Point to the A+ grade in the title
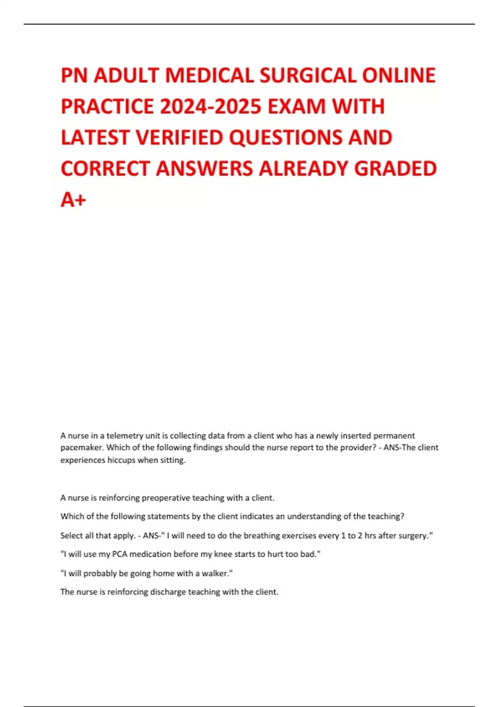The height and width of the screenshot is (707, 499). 73,200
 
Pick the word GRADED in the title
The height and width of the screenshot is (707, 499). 395,168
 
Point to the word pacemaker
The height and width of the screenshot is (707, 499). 81,447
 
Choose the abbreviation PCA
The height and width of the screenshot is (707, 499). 120,554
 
